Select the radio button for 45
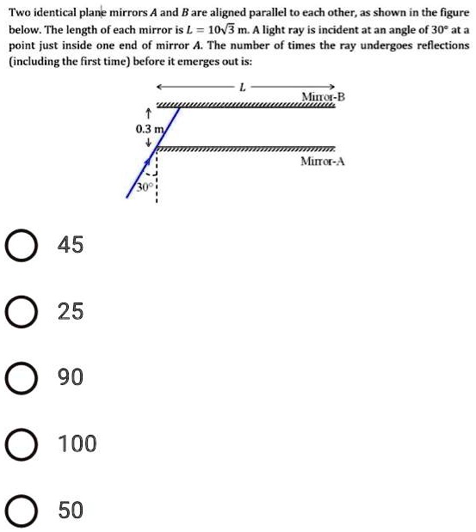pyautogui.click(x=19, y=246)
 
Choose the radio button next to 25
pyautogui.click(x=19, y=312)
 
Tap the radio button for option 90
pyautogui.click(x=19, y=378)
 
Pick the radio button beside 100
pyautogui.click(x=19, y=444)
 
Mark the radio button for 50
pyautogui.click(x=19, y=511)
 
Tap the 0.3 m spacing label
pyautogui.click(x=149, y=129)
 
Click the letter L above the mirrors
pyautogui.click(x=244, y=86)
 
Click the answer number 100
pyautogui.click(x=77, y=444)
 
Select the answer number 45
pyautogui.click(x=71, y=246)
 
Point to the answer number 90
pyautogui.click(x=71, y=378)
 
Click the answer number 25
pyautogui.click(x=71, y=312)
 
